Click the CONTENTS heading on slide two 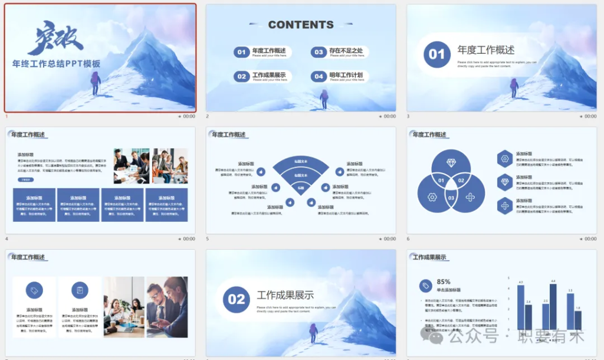pos(301,25)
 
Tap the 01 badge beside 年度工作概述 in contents pos(241,52)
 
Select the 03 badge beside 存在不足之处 pos(319,52)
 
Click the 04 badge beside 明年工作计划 pos(319,76)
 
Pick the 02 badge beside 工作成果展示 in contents pos(241,76)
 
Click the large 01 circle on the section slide pos(436,55)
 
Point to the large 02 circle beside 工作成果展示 pos(237,299)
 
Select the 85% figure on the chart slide pos(444,282)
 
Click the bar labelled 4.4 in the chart pos(553,306)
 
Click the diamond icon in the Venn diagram pos(451,163)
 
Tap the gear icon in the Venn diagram pos(432,197)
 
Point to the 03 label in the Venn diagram pos(451,198)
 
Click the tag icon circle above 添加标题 pos(34,290)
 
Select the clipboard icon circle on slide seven pos(80,290)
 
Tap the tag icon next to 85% pos(425,286)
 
